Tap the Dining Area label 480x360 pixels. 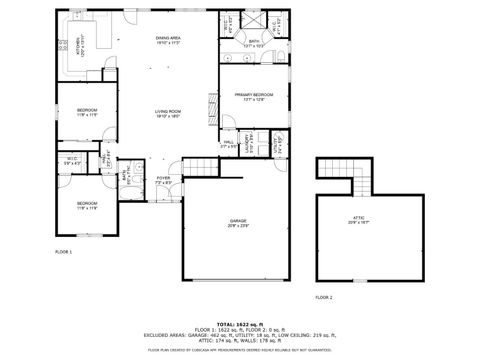[x=167, y=41]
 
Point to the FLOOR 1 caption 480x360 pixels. [x=63, y=252]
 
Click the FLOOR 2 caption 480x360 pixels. [x=324, y=297]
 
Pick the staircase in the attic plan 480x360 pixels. [x=359, y=182]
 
